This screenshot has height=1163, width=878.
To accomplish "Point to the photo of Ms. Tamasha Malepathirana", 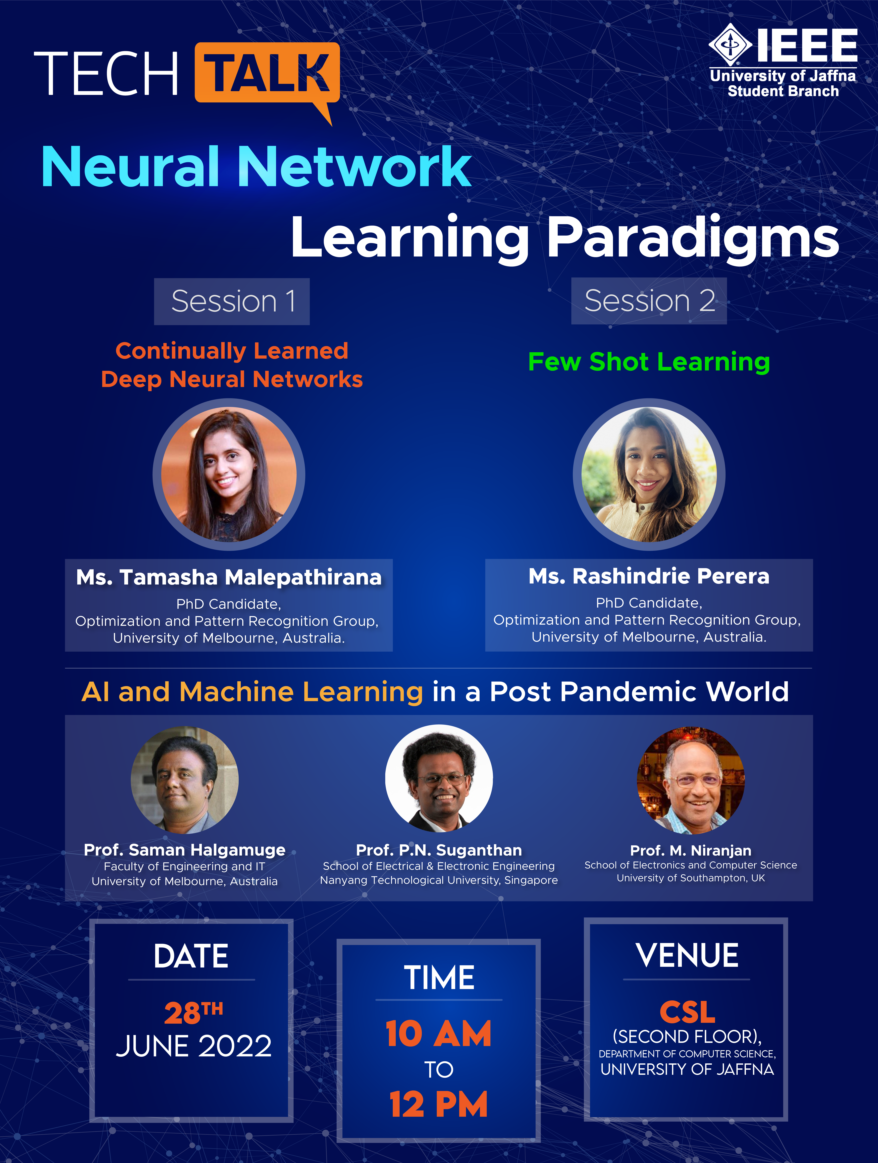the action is tap(229, 474).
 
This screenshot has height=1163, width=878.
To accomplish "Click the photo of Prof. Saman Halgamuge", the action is tap(185, 780).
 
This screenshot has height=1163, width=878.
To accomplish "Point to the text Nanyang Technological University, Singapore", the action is tap(439, 880).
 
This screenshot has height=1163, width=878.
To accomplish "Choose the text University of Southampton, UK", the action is tap(691, 878).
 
